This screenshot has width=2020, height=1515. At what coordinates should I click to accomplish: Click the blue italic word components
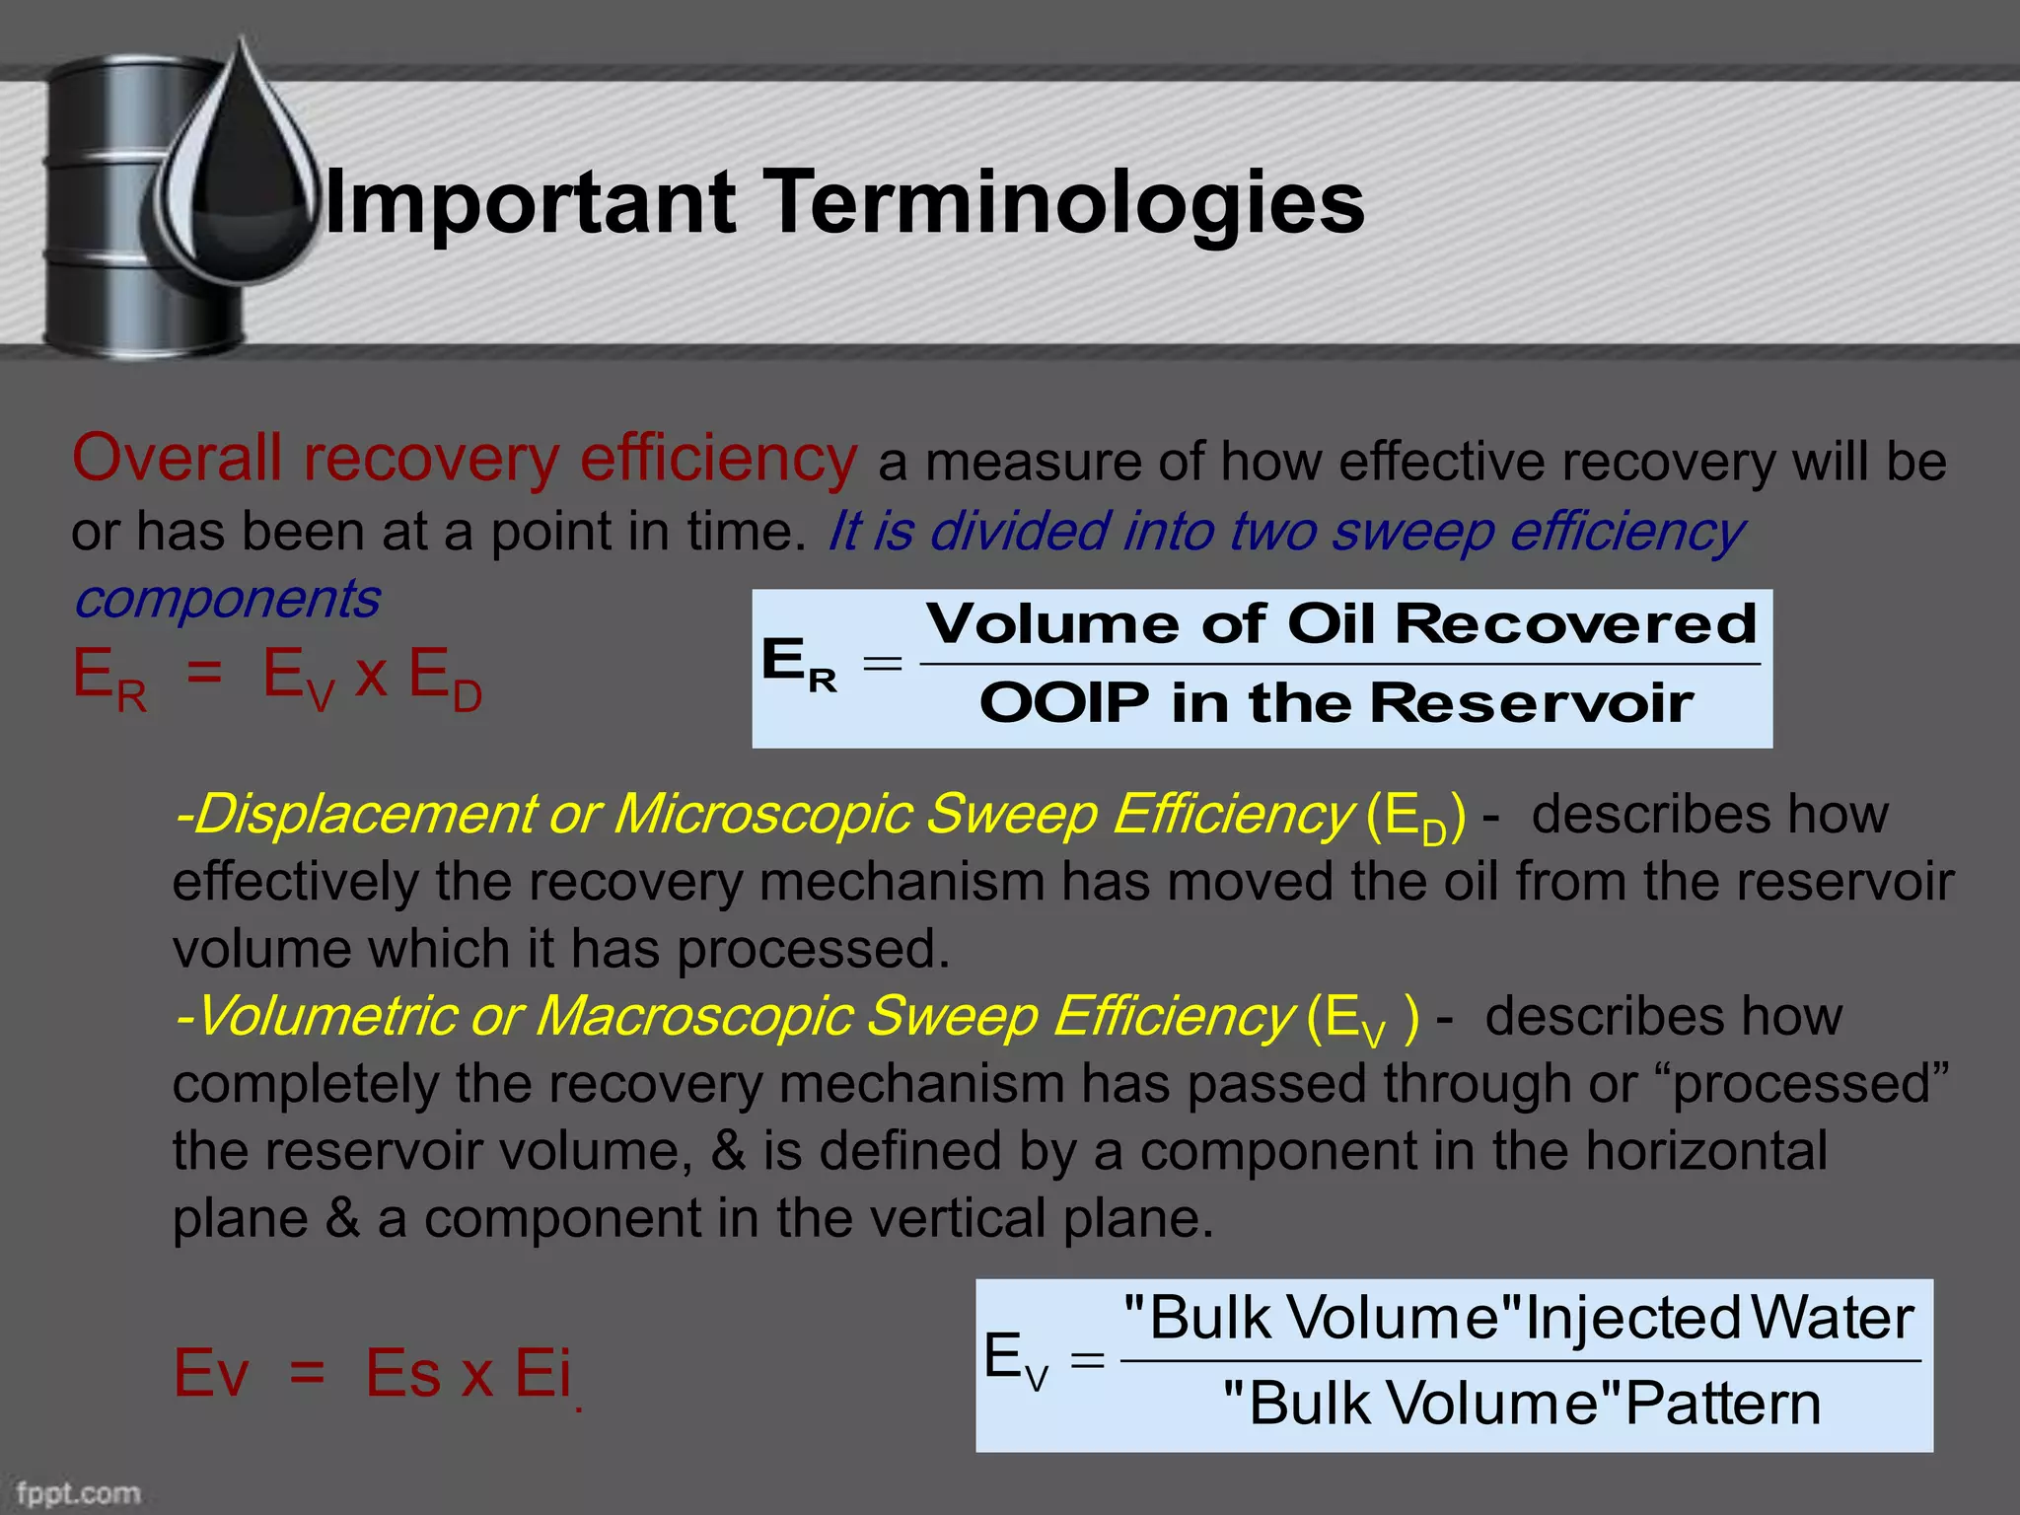(x=227, y=599)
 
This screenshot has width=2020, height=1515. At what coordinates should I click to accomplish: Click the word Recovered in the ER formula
(x=1575, y=624)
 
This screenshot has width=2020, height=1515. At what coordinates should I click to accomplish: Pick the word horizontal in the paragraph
(x=1705, y=1151)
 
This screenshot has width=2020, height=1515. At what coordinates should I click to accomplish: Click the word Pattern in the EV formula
(x=1721, y=1404)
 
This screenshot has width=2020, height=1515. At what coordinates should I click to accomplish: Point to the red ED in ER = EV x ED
(x=445, y=679)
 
